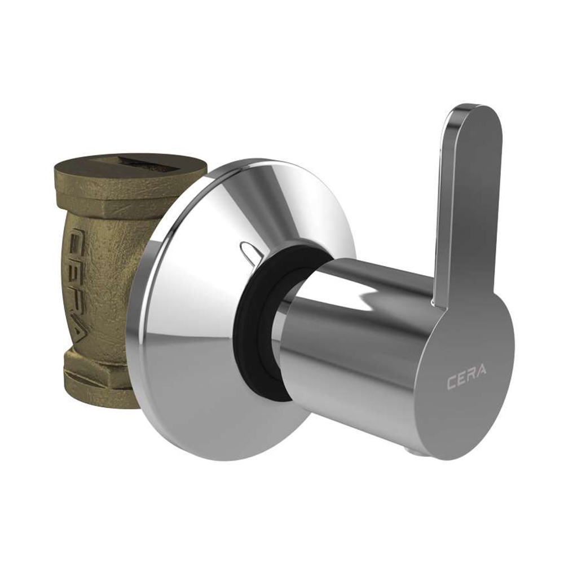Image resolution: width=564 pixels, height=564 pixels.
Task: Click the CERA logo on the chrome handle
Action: [467, 383]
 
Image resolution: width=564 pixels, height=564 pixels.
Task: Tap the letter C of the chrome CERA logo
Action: [451, 384]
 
